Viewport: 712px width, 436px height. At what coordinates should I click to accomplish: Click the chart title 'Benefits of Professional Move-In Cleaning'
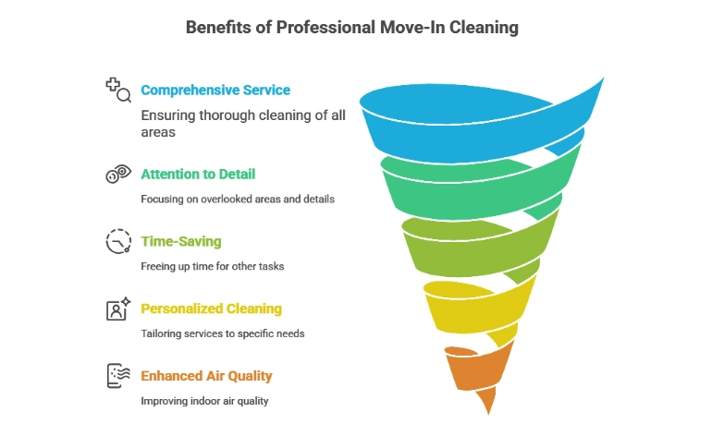tap(352, 28)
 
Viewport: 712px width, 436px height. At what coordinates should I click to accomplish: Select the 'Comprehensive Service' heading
tap(215, 91)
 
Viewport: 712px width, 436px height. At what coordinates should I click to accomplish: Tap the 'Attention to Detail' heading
tap(198, 175)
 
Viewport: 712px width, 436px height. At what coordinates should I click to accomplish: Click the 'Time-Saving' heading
tap(180, 241)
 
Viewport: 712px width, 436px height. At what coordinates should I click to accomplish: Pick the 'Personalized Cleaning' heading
tap(211, 309)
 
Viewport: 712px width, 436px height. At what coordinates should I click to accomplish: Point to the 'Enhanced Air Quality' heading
tap(206, 376)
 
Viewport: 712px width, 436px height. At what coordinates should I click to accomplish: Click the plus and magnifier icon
tap(118, 90)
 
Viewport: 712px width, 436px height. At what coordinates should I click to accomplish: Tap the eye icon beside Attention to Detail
tap(118, 174)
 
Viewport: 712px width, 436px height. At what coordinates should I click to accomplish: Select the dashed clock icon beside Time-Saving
tap(118, 241)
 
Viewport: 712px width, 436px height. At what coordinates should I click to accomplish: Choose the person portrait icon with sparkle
tap(118, 309)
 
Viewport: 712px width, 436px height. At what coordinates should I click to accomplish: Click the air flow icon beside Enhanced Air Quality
tap(118, 376)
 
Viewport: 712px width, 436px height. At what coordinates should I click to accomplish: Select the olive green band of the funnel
tap(473, 254)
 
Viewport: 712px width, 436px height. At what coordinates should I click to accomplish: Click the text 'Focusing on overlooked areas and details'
tap(238, 200)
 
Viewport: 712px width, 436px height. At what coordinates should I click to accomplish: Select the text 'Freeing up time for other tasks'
tap(212, 266)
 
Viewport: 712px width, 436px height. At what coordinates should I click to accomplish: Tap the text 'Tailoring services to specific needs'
tap(223, 333)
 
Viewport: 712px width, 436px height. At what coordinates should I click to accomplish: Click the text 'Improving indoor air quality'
tap(204, 401)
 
